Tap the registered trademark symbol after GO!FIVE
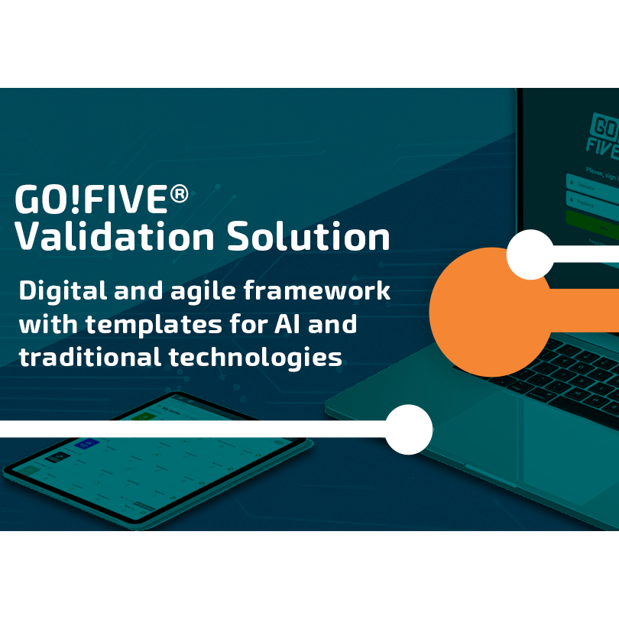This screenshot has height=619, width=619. point(179,194)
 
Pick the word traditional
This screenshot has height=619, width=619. point(89,357)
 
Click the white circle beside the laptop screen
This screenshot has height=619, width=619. point(530,254)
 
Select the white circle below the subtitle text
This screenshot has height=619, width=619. point(408,429)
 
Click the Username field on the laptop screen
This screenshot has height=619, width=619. point(593,183)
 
